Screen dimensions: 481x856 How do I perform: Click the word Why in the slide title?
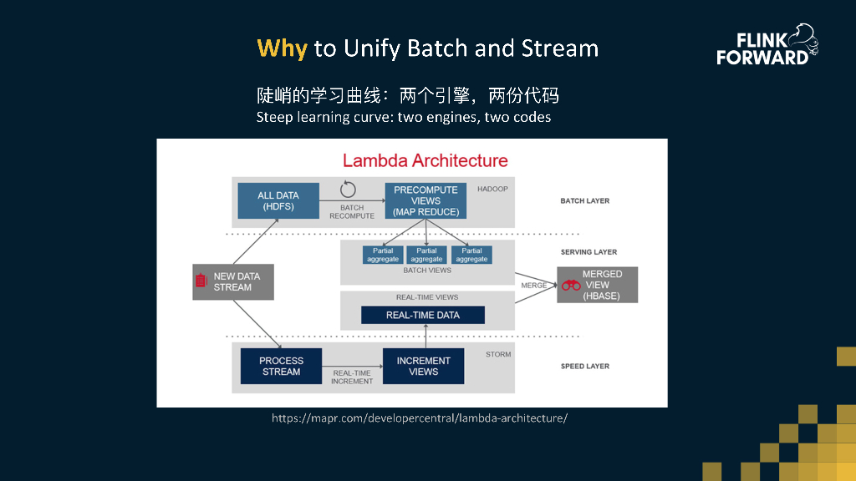click(x=282, y=48)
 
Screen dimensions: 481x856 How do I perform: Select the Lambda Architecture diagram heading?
click(x=425, y=160)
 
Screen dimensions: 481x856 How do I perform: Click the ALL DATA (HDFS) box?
click(x=278, y=200)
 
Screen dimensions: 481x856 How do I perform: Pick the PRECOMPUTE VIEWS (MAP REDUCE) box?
click(x=425, y=201)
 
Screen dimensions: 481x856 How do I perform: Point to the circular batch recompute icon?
click(x=348, y=189)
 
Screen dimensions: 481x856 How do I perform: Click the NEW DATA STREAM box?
click(x=233, y=282)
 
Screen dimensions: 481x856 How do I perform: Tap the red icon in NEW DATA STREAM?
click(x=201, y=281)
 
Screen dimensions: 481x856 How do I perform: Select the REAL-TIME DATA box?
click(x=422, y=315)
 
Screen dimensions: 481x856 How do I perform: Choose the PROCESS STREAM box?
click(x=281, y=366)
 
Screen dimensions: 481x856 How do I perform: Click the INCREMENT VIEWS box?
click(x=423, y=366)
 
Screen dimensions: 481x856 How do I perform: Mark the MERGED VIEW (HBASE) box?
click(x=598, y=285)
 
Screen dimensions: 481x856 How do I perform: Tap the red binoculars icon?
click(x=571, y=286)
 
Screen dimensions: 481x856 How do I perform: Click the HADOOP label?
click(x=492, y=189)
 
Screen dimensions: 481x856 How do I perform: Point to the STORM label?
click(x=497, y=354)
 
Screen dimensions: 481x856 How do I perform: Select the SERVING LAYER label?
click(x=588, y=252)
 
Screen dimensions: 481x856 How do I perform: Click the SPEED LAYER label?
click(x=585, y=367)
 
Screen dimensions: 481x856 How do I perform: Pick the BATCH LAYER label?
click(x=585, y=201)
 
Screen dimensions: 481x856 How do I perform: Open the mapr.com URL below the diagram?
click(x=420, y=418)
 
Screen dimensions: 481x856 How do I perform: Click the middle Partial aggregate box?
click(x=426, y=255)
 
